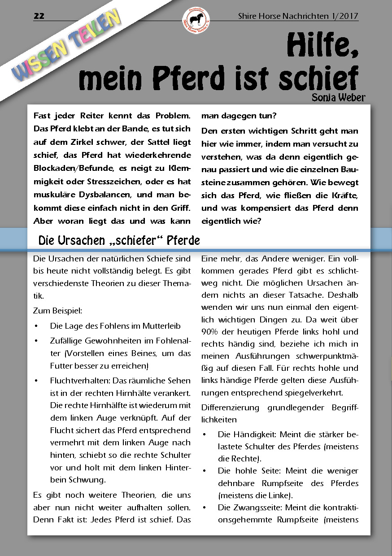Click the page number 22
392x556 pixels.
pos(39,16)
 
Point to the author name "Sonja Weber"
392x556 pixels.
pos(339,97)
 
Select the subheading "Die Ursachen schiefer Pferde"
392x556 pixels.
pos(119,240)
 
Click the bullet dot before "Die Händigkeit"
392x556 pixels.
pos(205,435)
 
